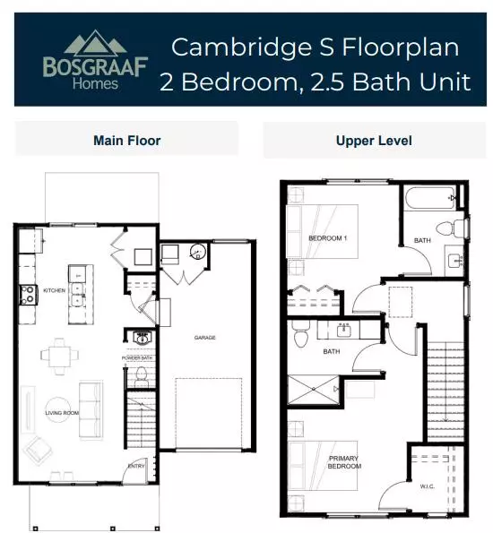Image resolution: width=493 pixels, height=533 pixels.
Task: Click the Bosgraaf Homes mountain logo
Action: tap(95, 60)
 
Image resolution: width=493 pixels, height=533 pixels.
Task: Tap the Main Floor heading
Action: tap(127, 141)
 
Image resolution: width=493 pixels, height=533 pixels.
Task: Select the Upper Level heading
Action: tap(374, 141)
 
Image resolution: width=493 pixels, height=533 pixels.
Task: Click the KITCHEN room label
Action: tap(55, 290)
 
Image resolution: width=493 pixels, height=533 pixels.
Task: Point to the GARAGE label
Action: tap(205, 338)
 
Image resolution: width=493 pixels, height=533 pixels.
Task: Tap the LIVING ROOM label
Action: tap(62, 413)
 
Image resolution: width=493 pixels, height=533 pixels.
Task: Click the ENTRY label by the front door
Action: tap(136, 466)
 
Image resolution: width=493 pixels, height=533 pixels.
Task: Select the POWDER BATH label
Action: tap(137, 358)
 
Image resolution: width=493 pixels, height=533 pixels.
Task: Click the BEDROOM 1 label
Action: tap(328, 238)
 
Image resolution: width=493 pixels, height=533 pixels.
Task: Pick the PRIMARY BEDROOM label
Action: tap(344, 462)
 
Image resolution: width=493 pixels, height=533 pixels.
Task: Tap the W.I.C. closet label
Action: tap(427, 486)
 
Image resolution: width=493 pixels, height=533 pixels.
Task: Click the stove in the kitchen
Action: tap(29, 295)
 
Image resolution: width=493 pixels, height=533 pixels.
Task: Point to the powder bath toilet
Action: tap(141, 376)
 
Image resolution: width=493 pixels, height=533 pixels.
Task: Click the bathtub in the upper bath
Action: tap(430, 198)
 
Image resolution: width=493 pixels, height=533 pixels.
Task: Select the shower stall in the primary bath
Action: tap(314, 390)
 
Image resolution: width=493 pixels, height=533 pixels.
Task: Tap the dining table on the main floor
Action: tap(59, 357)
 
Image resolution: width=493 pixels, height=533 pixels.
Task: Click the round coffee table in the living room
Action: tap(58, 409)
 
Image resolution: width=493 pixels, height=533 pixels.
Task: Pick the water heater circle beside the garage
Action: tap(198, 252)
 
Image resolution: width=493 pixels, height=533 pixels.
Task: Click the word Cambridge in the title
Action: tap(241, 47)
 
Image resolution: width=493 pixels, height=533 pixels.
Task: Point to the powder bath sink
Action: tap(141, 338)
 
